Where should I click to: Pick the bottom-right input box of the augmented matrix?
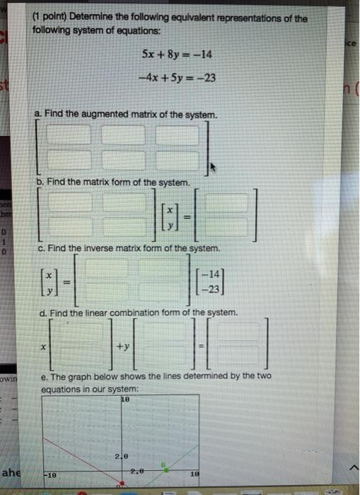[x=177, y=161]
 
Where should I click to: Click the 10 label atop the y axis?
[x=127, y=400]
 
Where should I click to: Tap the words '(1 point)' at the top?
[x=53, y=18]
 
